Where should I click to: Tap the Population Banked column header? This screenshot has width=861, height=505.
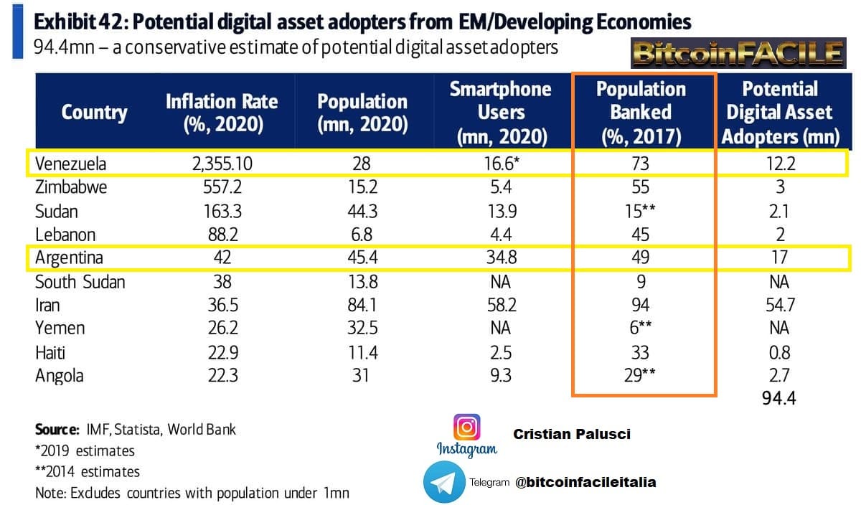[641, 112]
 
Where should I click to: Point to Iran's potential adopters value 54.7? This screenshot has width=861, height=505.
[780, 305]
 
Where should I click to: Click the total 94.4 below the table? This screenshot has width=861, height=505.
[780, 398]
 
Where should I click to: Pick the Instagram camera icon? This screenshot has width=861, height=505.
[467, 428]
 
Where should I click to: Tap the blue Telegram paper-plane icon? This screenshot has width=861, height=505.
[444, 482]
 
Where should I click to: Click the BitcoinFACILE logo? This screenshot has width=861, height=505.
[738, 53]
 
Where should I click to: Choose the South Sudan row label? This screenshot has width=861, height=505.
[80, 282]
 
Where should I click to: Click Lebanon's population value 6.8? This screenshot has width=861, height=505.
[362, 235]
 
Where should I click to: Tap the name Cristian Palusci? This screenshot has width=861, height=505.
[572, 434]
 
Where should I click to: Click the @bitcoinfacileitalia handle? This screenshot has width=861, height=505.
[585, 482]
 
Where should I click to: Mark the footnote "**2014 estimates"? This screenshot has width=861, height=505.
[88, 471]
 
